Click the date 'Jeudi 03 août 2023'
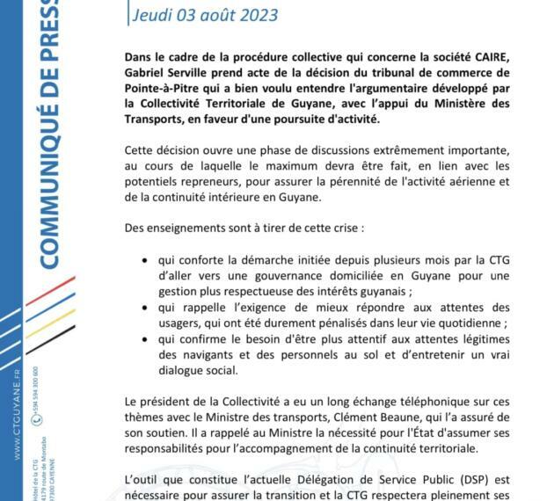coord(204,15)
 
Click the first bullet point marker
coord(144,261)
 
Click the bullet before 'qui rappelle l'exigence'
coord(144,307)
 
